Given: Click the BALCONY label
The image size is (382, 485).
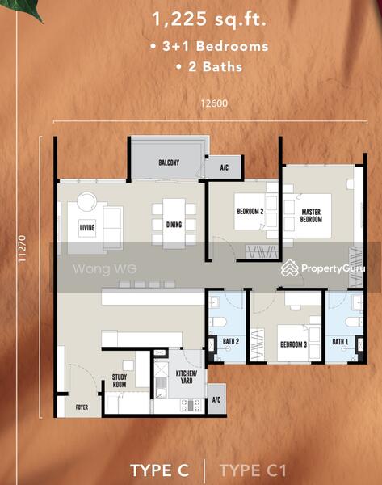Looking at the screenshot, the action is [x=169, y=162].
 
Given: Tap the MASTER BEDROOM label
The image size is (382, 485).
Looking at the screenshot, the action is [x=311, y=216].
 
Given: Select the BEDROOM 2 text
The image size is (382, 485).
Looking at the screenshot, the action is [x=250, y=211].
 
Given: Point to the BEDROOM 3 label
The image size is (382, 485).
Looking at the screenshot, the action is [x=293, y=344].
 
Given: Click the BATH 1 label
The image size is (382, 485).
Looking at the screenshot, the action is [x=340, y=341].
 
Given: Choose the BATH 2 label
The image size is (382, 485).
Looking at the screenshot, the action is [x=231, y=341].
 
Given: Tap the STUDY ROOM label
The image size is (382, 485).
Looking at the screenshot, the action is [x=120, y=381].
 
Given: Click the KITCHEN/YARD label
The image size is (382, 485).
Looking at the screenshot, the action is [x=187, y=377].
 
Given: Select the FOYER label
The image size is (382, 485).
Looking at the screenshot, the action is [x=82, y=407].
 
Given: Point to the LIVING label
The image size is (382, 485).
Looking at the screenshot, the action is [x=87, y=228].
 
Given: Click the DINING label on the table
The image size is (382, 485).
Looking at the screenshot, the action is [x=174, y=225].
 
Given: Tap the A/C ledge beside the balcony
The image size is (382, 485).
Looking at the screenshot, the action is [x=225, y=167].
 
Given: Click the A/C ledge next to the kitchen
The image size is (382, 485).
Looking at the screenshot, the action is [x=216, y=399].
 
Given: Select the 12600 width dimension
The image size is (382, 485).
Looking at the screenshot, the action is [x=214, y=103].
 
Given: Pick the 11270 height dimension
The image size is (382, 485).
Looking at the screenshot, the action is [x=22, y=249].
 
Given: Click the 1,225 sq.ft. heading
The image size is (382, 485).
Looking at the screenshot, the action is [x=209, y=19].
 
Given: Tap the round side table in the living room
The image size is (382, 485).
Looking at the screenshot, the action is [x=87, y=201].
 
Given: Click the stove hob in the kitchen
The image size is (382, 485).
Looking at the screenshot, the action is [x=191, y=405].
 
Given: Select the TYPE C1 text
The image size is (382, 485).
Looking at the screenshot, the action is [x=253, y=470].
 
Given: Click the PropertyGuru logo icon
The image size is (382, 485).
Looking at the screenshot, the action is [x=290, y=268].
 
